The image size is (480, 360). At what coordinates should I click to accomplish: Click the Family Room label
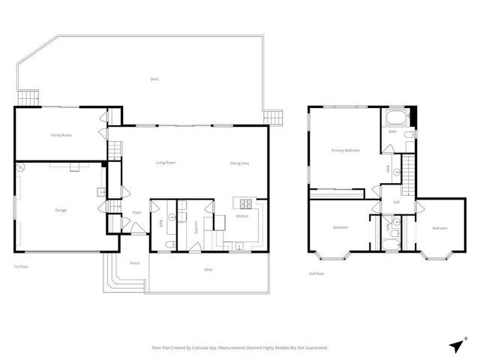pos(61,135)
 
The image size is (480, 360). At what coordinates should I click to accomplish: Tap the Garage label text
pos(61,210)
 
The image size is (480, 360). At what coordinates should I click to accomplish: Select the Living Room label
pos(165,163)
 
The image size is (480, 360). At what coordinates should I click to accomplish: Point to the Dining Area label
pos(240,163)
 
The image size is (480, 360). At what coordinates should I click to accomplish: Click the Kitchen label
pos(241,217)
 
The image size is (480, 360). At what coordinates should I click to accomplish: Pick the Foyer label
pos(137,213)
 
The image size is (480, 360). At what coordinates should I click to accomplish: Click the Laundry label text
pos(196,226)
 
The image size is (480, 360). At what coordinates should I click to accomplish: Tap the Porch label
pos(135,263)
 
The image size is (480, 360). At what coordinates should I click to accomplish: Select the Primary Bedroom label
pos(346,151)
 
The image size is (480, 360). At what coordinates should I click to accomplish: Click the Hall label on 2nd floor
pos(395,202)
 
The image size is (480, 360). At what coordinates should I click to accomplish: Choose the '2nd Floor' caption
pos(316,274)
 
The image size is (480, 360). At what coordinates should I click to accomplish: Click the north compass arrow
pos(457,343)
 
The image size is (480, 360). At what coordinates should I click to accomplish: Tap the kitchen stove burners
pos(244,202)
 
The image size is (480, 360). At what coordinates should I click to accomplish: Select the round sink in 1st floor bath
pos(172,218)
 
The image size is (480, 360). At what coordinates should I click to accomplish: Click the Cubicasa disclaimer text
pos(240,347)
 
